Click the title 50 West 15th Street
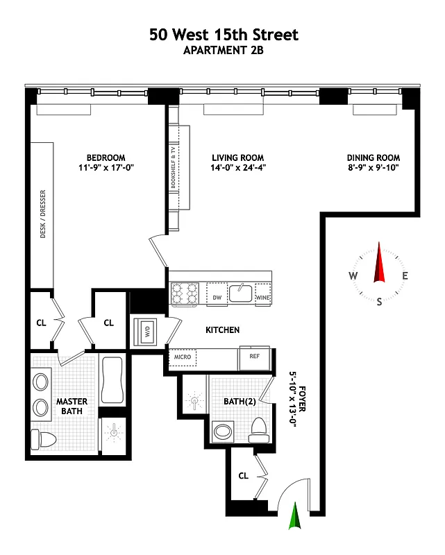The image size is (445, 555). tap(224, 35)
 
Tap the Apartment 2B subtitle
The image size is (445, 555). tap(224, 50)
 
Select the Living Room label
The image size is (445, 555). tap(238, 157)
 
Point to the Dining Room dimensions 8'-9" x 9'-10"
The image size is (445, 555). tap(373, 168)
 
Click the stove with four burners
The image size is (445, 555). tap(185, 293)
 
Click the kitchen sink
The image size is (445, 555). tap(241, 293)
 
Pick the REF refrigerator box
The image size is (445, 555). tap(253, 356)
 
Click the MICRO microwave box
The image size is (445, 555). tap(183, 358)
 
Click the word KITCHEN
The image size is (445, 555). tap(222, 330)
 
